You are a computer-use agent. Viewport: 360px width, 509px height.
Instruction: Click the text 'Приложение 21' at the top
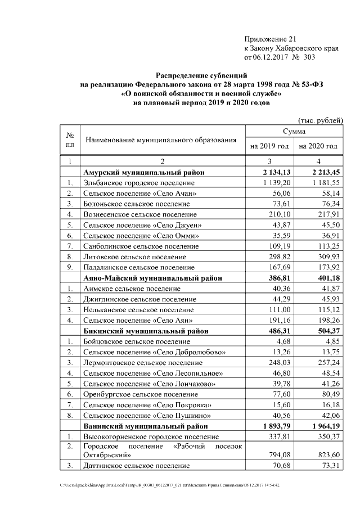coord(269,38)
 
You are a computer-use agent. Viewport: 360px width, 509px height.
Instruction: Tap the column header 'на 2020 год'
coord(318,146)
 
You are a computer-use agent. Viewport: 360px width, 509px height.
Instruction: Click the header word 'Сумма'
coord(294,131)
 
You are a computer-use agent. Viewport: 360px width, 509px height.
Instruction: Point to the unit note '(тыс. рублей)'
coord(319,120)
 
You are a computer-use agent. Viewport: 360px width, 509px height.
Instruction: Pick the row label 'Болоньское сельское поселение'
coord(132,204)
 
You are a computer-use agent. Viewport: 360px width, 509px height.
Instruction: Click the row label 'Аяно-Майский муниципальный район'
coord(152,278)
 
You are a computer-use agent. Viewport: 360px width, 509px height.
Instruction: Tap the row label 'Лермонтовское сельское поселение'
coord(138,363)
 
